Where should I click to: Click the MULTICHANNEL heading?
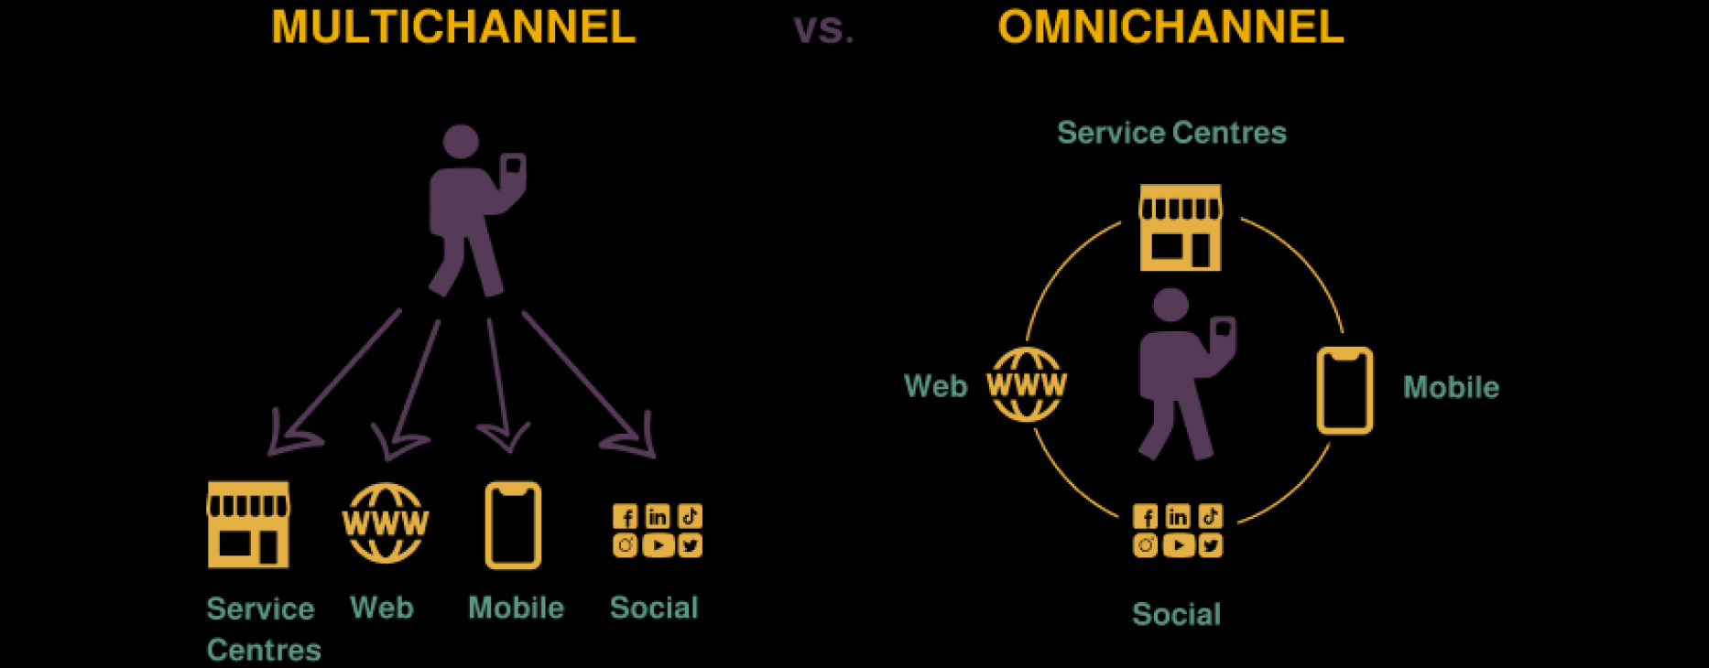[453, 27]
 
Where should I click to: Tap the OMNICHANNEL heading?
[1170, 27]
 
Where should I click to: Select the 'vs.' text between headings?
[823, 30]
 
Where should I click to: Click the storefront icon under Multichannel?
[248, 525]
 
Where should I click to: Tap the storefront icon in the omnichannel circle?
[1181, 228]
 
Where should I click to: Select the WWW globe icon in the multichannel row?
[386, 523]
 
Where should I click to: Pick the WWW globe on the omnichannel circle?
[1027, 384]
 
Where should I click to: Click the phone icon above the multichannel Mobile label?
[513, 525]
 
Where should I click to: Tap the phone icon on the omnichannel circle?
[1344, 390]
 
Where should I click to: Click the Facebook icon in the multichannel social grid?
[626, 517]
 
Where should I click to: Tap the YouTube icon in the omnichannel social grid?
[1178, 546]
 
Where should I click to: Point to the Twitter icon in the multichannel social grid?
[690, 546]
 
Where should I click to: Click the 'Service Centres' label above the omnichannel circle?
[1171, 133]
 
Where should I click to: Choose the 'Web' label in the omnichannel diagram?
[935, 386]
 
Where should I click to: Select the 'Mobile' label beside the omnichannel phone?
[1451, 388]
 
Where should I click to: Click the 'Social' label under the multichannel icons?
[654, 608]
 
